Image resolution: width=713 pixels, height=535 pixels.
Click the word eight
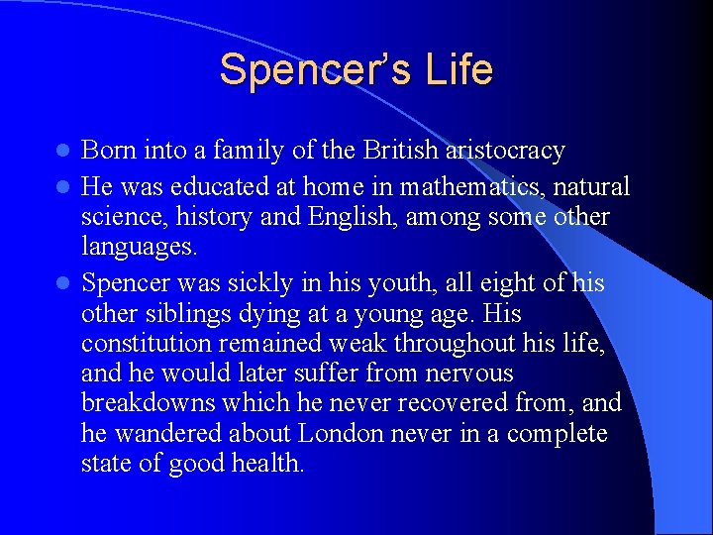[489, 282]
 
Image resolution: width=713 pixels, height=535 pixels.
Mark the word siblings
[184, 314]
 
